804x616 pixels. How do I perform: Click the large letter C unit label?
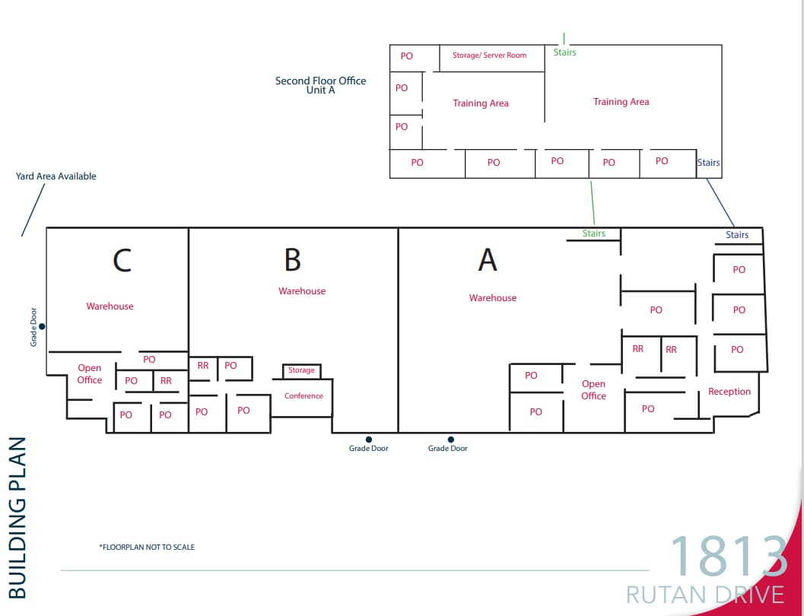pos(122,260)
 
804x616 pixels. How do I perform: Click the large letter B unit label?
pos(293,260)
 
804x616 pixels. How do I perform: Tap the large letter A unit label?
pos(488,260)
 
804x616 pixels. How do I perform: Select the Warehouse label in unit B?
pos(302,291)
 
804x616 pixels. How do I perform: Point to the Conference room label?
pos(303,396)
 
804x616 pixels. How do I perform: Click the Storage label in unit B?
pos(301,370)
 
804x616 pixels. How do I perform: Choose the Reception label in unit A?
pos(729,392)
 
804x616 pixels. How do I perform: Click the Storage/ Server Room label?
pos(489,56)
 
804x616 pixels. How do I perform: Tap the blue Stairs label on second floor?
pos(708,163)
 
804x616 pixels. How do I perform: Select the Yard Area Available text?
pos(56,176)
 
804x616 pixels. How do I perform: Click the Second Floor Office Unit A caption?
pos(320,85)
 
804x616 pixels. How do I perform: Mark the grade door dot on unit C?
pos(43,326)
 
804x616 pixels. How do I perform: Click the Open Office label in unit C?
pos(90,374)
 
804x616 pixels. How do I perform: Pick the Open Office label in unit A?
pos(593,390)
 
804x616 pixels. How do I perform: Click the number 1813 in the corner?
pos(728,557)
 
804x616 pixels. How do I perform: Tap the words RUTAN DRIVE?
pos(704,594)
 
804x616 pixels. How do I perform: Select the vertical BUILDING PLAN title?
pos(17,517)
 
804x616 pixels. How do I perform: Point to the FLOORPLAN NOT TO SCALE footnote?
pos(147,547)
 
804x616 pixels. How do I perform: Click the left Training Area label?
pos(481,103)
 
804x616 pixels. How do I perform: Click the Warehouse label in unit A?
pos(493,298)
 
